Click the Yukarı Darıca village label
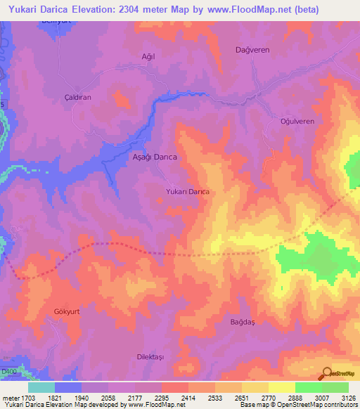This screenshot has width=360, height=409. point(188,191)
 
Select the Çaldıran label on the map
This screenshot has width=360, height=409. point(78,98)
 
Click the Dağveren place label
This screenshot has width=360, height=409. point(251,50)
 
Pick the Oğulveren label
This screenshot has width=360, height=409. point(297,122)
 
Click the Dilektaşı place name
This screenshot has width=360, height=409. point(150,357)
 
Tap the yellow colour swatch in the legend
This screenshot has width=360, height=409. point(255,387)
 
